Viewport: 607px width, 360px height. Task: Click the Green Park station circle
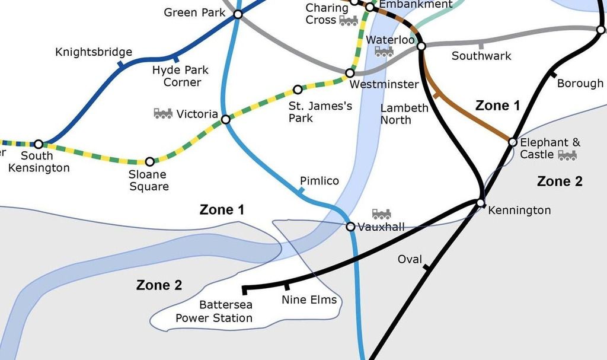238,14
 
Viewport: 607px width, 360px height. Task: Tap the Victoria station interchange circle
226,120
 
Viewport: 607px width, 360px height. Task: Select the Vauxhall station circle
350,227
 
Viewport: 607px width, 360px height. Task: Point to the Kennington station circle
480,203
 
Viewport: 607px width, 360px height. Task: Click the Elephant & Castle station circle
513,142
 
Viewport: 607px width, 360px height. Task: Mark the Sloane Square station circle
149,161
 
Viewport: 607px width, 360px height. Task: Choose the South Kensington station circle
39,144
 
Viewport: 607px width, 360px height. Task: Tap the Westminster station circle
350,73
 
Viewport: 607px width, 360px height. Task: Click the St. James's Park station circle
298,90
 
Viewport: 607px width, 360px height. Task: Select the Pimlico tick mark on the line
301,191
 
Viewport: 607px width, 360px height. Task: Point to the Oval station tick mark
426,269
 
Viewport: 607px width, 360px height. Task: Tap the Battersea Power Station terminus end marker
244,289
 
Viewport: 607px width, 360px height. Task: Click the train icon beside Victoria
163,113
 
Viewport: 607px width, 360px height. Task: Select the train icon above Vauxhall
381,214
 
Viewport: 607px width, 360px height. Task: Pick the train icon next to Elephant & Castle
567,155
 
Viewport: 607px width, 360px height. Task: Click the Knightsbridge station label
94,52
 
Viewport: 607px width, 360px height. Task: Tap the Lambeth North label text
404,114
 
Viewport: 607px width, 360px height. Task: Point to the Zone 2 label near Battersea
159,285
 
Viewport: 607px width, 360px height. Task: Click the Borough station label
580,83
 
